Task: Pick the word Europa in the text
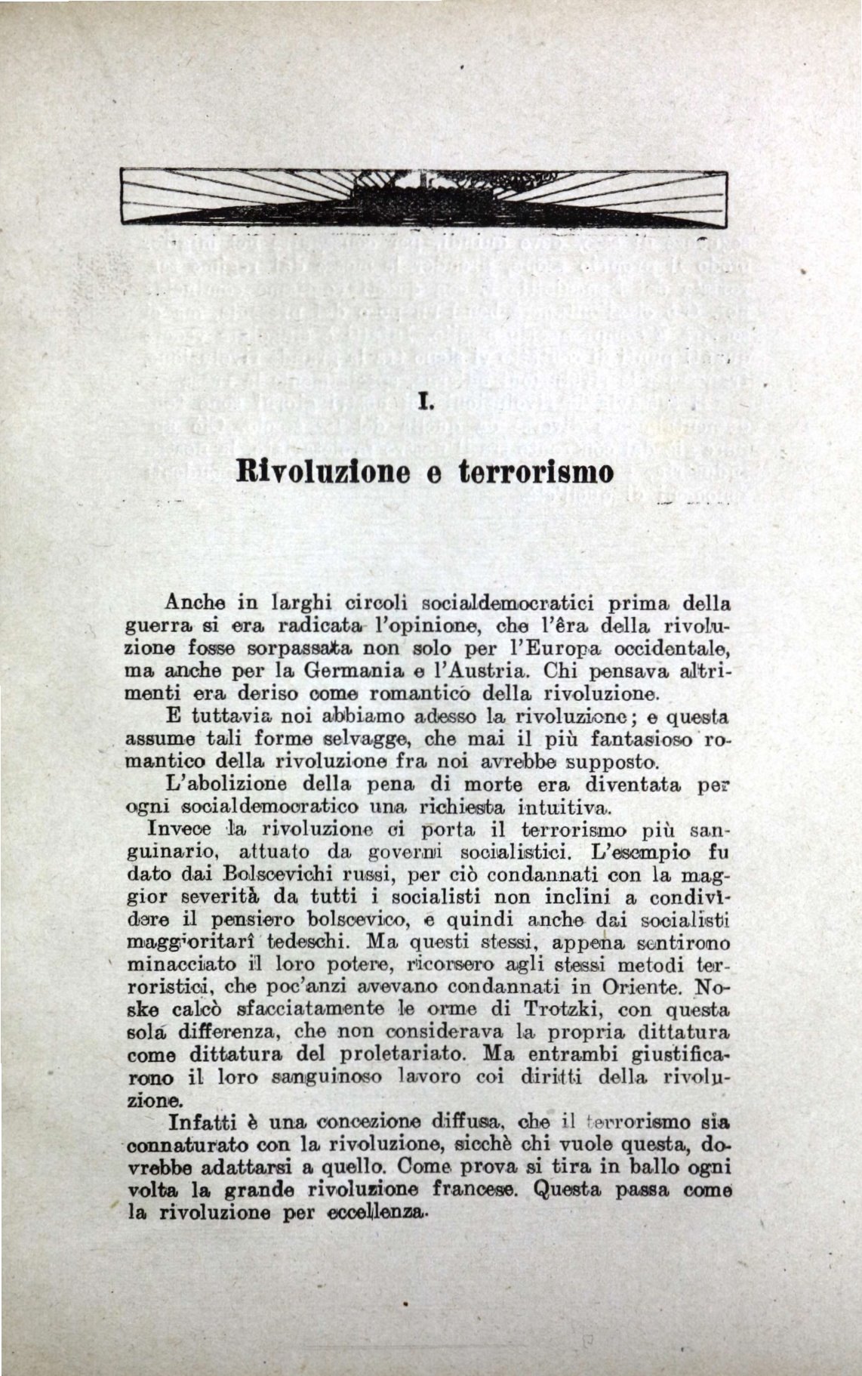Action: click(x=537, y=649)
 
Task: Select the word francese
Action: click(x=466, y=1188)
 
